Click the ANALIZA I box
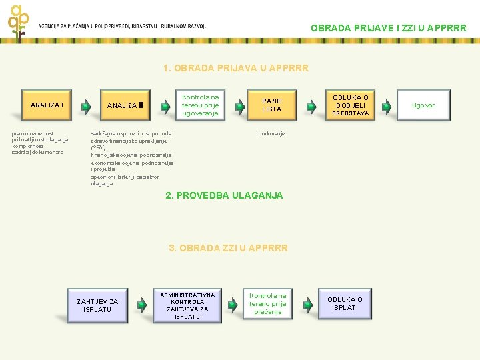tap(47, 105)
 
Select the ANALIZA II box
tap(125, 105)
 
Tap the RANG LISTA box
tap(271, 105)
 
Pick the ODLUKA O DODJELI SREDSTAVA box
tap(351, 105)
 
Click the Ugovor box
tap(423, 105)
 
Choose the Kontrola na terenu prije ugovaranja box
tap(200, 105)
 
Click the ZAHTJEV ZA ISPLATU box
tap(97, 305)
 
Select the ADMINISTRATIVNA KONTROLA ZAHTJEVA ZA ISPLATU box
tap(187, 305)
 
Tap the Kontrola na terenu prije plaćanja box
tap(268, 303)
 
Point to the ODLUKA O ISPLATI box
tap(345, 303)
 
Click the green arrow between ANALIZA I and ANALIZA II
tap(86, 106)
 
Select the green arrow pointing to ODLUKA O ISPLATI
tap(307, 305)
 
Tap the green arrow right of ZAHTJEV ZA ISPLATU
tap(142, 305)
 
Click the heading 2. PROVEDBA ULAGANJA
tap(224, 195)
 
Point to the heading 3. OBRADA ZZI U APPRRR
tap(228, 247)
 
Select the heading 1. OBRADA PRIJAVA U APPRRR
tap(235, 68)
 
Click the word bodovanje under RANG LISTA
tap(271, 133)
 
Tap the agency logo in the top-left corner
tap(19, 21)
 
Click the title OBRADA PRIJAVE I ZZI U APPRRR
tap(389, 28)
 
